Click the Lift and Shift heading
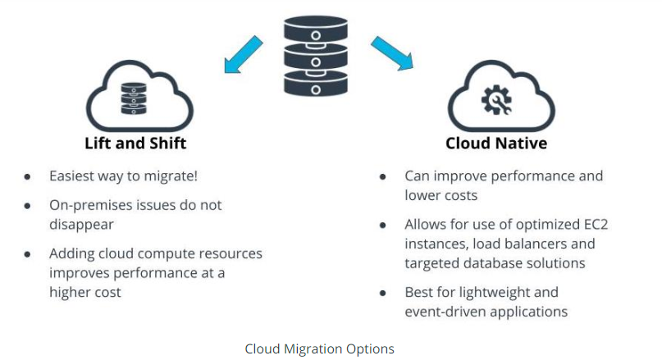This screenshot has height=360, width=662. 135,144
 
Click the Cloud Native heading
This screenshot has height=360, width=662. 496,144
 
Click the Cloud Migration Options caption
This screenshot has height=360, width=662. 319,349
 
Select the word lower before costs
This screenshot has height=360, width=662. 422,195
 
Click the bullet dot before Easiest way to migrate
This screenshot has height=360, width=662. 27,177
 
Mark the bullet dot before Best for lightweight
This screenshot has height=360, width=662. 383,293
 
